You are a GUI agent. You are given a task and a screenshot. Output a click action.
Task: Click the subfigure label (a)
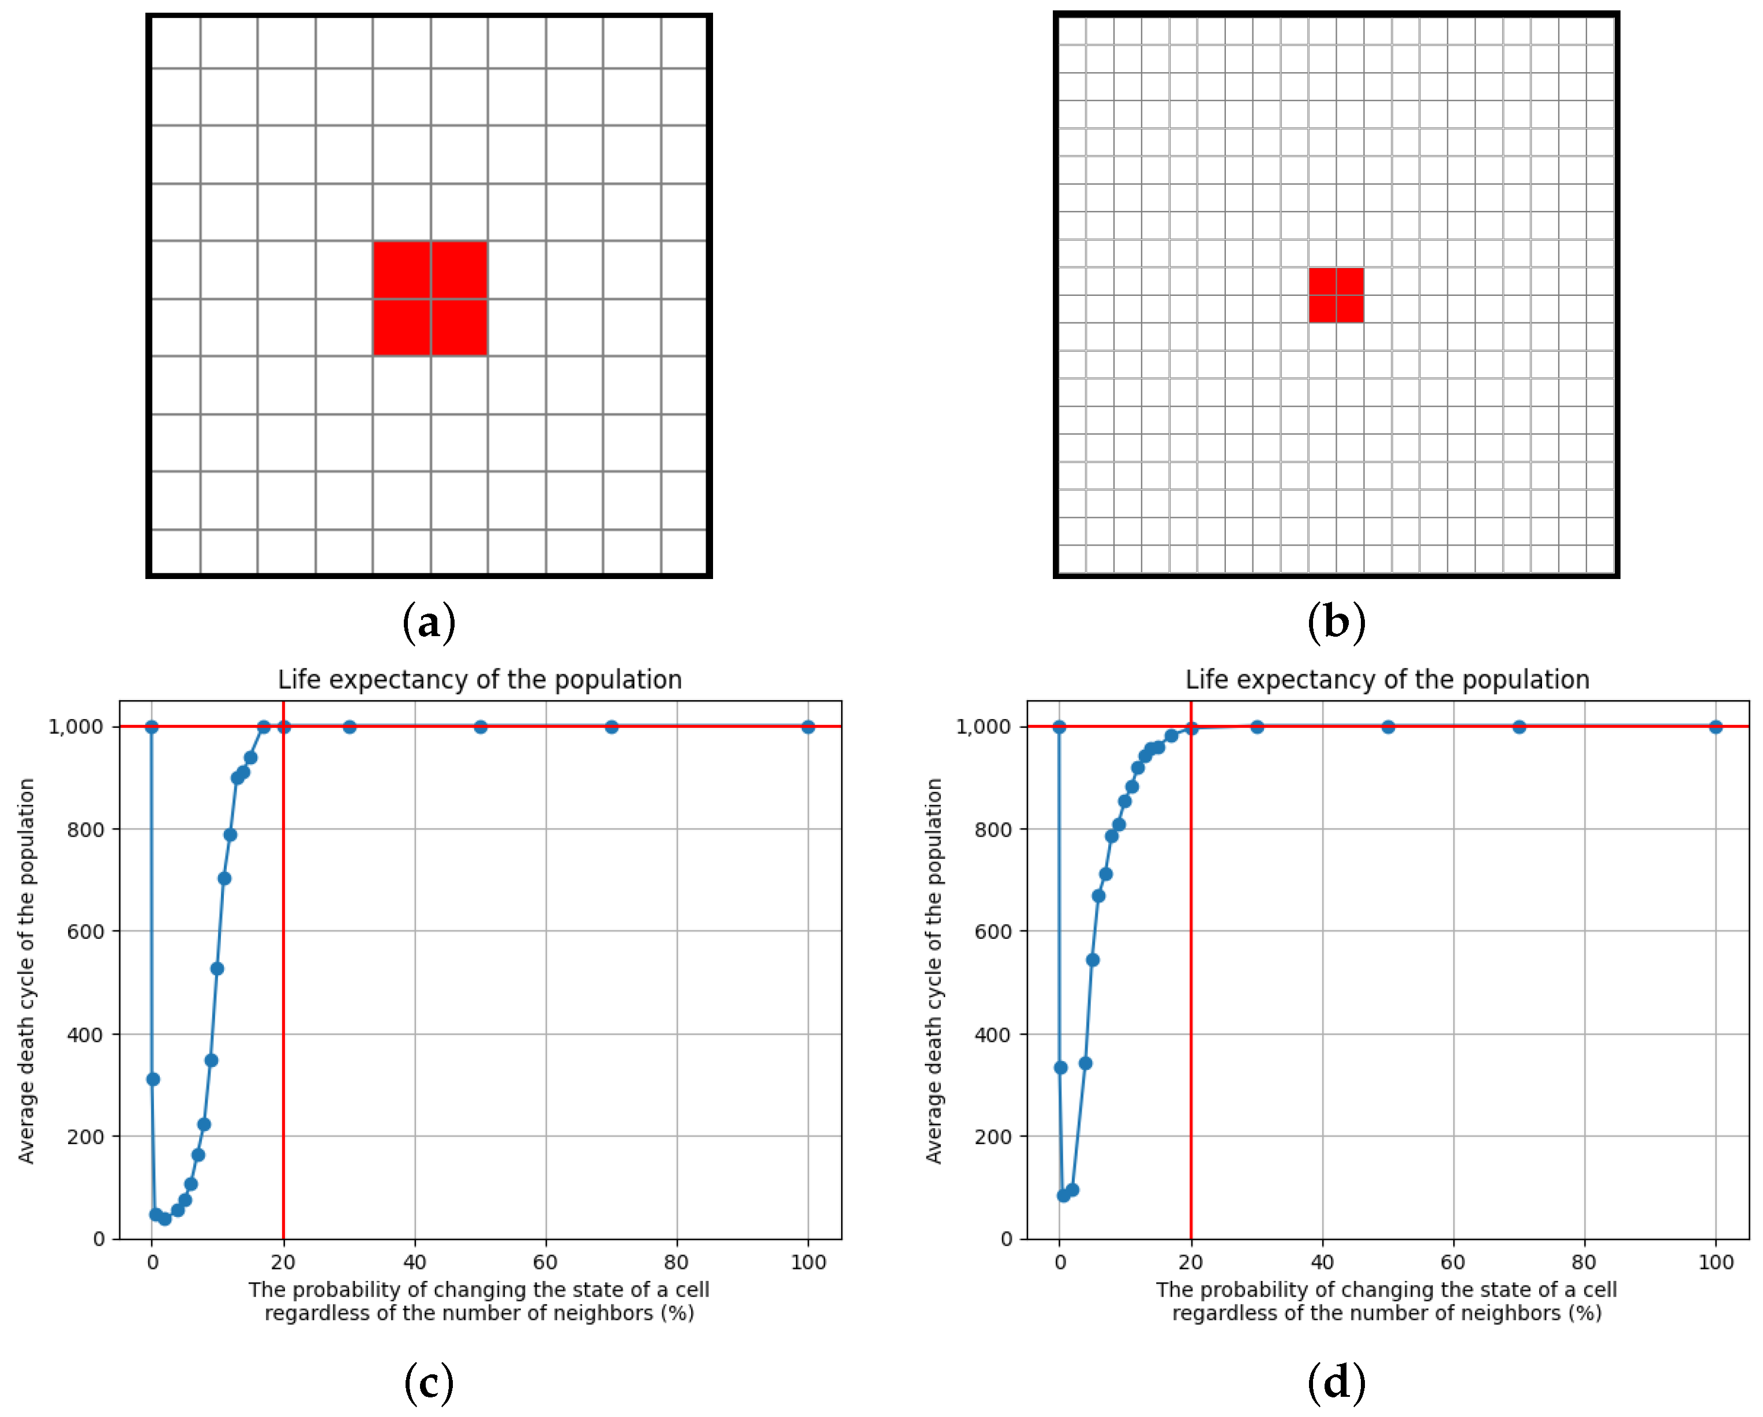pyautogui.click(x=429, y=623)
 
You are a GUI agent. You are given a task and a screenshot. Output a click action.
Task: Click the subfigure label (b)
pyautogui.click(x=1336, y=623)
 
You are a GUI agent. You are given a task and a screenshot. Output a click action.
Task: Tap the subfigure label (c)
pyautogui.click(x=429, y=1382)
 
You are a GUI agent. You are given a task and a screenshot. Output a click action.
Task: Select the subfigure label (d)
pyautogui.click(x=1336, y=1382)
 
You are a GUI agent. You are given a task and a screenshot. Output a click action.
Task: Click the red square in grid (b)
pyautogui.click(x=1336, y=295)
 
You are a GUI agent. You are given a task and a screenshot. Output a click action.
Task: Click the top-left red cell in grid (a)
pyautogui.click(x=402, y=270)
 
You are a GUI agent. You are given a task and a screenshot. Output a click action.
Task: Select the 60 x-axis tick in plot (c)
pyautogui.click(x=545, y=1262)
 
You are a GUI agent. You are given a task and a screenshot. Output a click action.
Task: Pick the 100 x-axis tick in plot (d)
pyautogui.click(x=1716, y=1262)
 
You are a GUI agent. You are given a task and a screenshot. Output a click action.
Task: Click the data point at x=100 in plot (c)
pyautogui.click(x=808, y=727)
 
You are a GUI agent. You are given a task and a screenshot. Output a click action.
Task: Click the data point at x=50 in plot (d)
pyautogui.click(x=1387, y=727)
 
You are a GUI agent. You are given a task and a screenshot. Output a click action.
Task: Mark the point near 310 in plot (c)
pyautogui.click(x=153, y=1079)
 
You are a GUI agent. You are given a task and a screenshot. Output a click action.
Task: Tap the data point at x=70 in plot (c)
pyautogui.click(x=612, y=727)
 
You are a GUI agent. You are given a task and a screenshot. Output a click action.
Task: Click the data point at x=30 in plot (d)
pyautogui.click(x=1257, y=727)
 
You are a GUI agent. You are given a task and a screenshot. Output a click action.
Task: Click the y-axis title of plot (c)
pyautogui.click(x=27, y=971)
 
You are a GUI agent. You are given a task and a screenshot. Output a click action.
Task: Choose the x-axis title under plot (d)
pyautogui.click(x=1387, y=1302)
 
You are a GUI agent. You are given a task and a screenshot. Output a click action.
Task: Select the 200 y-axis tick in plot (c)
pyautogui.click(x=85, y=1137)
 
